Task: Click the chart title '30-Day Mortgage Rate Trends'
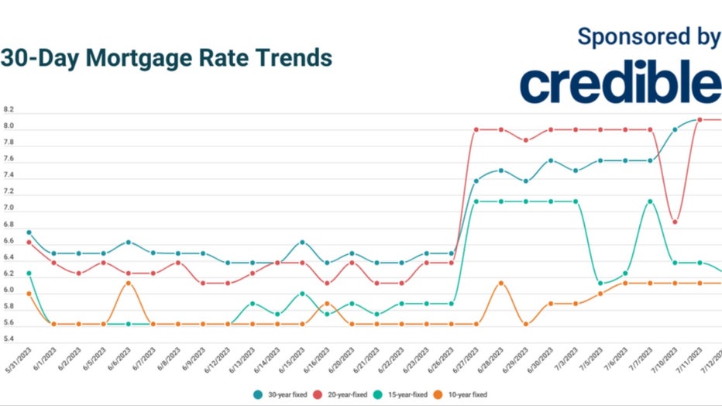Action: (166, 59)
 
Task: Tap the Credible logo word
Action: (620, 83)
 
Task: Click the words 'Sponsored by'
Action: (649, 36)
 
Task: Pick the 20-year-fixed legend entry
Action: (344, 394)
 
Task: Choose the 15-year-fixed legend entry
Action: (403, 394)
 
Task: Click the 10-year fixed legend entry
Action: (463, 394)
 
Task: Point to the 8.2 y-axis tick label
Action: (9, 110)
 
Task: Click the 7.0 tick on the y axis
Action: (9, 209)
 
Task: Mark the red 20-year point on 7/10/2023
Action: (675, 222)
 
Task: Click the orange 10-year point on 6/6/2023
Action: (129, 284)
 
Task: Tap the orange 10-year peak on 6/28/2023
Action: (501, 284)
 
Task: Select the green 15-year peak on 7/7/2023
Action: (650, 201)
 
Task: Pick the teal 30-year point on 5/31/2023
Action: (29, 232)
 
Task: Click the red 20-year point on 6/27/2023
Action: (476, 129)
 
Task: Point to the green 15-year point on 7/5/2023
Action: (600, 284)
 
